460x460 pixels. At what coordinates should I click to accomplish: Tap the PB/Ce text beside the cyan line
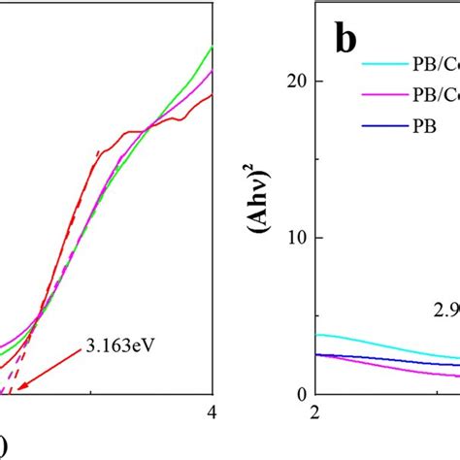[x=432, y=65]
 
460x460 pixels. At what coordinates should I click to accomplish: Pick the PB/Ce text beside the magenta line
[x=432, y=94]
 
